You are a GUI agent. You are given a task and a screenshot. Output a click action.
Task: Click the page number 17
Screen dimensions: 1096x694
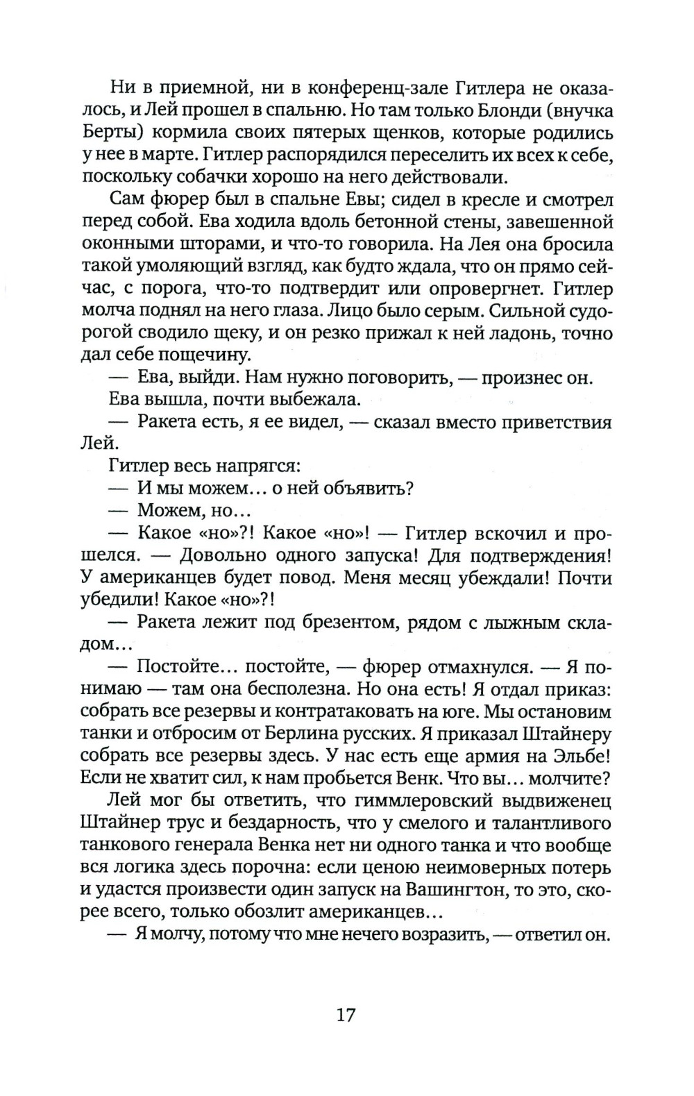346,1015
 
